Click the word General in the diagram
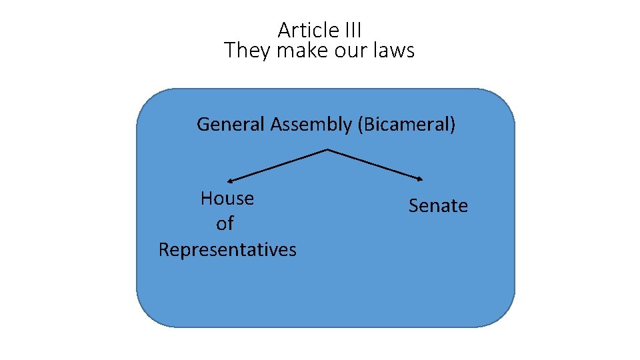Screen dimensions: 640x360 tap(231, 124)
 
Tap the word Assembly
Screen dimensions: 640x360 tap(311, 124)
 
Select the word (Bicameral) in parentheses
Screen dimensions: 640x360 tap(407, 124)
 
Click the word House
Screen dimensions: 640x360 tap(227, 198)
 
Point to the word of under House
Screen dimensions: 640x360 tap(225, 224)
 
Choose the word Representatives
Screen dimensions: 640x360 tap(227, 249)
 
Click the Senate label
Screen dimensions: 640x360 tap(438, 206)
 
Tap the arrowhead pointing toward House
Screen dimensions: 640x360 tap(230, 180)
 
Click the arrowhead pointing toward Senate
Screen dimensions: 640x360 tap(420, 179)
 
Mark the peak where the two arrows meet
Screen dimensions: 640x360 tap(327, 149)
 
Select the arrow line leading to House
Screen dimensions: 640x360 tap(279, 165)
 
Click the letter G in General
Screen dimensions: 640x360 tap(203, 124)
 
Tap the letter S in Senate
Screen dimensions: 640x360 tap(413, 206)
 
